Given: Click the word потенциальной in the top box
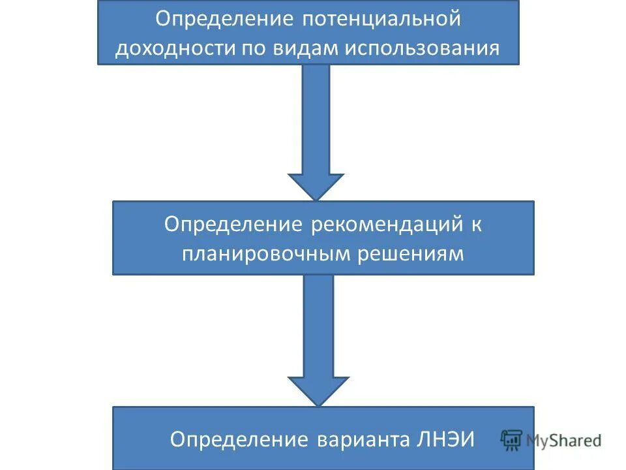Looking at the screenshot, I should (381, 19).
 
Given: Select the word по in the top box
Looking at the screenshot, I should (254, 49).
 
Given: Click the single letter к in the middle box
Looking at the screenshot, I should (477, 225).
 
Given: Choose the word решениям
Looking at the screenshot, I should (411, 254).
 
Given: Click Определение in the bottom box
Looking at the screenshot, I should (239, 439).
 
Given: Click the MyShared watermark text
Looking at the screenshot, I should (564, 440).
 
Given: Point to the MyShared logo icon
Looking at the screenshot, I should (512, 440).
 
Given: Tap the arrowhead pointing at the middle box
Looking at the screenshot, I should (316, 187).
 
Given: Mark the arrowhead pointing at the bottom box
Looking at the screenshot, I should (318, 392).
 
